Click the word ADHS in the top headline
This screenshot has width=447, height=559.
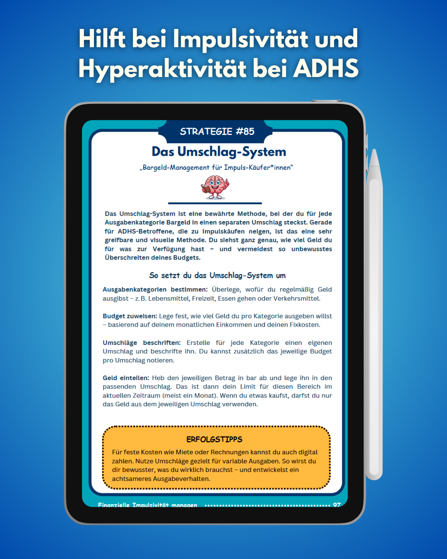326,68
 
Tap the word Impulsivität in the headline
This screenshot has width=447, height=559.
240,39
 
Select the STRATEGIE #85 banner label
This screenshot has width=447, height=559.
217,132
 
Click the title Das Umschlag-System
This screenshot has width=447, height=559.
219,152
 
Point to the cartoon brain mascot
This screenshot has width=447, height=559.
215,187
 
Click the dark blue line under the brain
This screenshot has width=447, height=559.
215,203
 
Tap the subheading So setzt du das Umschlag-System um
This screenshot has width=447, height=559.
217,275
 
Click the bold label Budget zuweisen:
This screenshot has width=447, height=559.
130,316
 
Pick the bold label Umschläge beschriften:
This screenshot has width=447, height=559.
142,342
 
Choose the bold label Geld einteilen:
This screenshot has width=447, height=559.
126,378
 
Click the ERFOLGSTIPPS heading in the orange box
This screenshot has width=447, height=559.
214,439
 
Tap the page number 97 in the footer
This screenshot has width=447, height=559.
337,505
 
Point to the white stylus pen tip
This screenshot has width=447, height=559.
375,155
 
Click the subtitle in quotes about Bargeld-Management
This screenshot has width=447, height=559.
216,168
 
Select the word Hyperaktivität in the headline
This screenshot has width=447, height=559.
162,68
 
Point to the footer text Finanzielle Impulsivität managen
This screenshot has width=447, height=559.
147,505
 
